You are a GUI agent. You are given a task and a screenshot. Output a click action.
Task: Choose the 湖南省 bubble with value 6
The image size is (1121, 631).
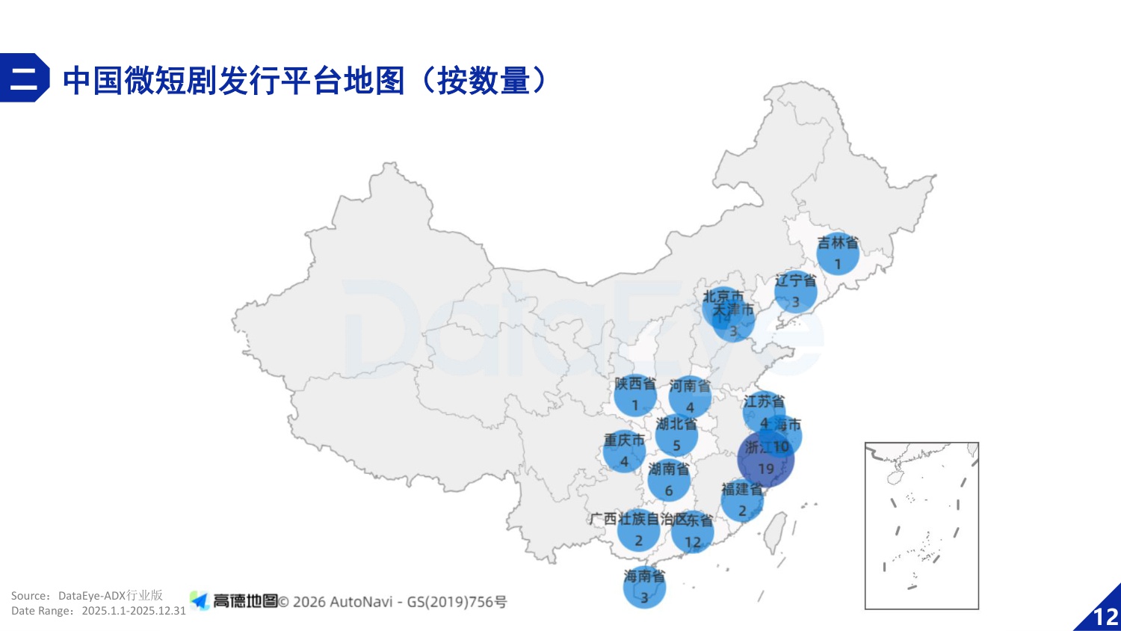coord(669,481)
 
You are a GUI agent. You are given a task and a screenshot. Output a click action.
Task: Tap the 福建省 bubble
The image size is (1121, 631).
coord(742,501)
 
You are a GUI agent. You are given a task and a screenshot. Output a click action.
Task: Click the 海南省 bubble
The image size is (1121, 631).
coord(644,588)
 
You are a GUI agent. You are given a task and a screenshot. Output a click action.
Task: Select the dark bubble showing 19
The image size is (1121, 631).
coord(766,460)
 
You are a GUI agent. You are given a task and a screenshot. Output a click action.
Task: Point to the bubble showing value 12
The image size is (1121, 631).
coord(693,532)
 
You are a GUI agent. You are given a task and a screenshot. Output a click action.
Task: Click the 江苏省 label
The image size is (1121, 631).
coord(764,401)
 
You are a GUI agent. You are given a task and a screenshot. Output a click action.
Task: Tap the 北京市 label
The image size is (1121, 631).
coord(723,296)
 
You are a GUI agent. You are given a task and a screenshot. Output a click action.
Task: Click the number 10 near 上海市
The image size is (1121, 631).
coord(781,446)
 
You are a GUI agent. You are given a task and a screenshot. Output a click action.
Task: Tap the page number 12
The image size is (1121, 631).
coord(1105,617)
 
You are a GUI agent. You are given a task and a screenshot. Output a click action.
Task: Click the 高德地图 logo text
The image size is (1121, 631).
coord(245,601)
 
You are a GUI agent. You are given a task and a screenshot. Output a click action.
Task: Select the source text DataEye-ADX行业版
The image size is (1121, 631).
coord(110,596)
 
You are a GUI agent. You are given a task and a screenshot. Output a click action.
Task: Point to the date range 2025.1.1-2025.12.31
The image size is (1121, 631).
coord(134,611)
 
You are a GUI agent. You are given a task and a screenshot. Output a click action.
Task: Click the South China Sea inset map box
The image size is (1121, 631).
coord(921,526)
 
